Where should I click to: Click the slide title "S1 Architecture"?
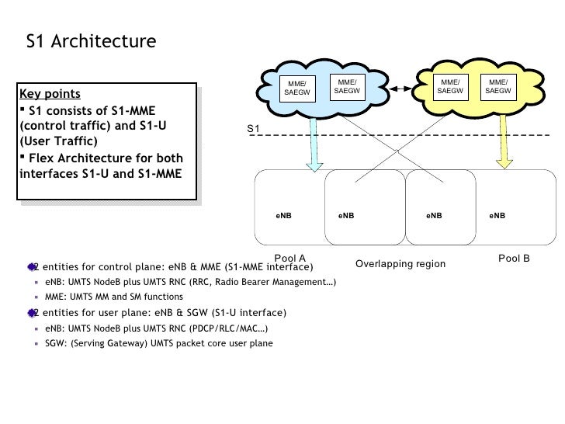tap(91, 41)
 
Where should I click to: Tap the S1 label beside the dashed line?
tap(253, 127)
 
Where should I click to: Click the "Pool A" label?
tap(290, 257)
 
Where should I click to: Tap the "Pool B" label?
tap(514, 257)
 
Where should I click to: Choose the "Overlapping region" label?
tap(400, 264)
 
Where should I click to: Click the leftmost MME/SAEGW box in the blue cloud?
tap(296, 89)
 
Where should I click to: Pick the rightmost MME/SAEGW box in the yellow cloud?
tap(499, 86)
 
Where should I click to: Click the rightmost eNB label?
tap(497, 214)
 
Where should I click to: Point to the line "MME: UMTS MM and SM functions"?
tap(114, 297)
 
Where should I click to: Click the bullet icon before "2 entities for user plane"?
tap(31, 312)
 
